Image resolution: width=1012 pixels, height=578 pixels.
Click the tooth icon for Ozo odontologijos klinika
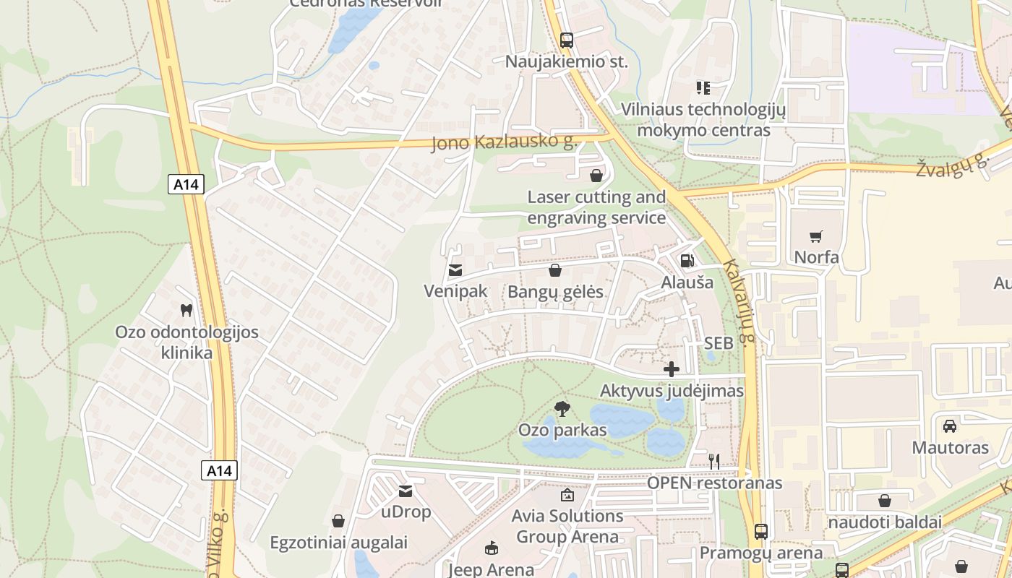(x=186, y=310)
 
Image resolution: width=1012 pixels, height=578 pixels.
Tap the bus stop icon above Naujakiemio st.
(x=567, y=40)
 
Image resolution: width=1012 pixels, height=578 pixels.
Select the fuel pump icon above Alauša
(x=687, y=261)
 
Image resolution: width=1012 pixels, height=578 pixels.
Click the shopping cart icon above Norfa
(x=817, y=236)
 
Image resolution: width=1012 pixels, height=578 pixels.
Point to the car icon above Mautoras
(x=950, y=426)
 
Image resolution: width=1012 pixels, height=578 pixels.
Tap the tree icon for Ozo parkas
(x=562, y=409)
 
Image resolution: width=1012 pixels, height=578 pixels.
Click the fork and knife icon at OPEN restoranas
(x=714, y=461)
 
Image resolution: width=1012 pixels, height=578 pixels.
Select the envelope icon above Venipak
(x=455, y=270)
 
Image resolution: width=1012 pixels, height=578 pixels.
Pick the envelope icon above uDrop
(x=406, y=491)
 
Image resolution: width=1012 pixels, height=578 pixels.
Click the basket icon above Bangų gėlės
(x=555, y=271)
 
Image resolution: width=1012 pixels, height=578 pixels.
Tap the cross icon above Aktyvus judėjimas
(x=672, y=370)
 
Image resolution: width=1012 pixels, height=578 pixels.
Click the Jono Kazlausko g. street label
(x=504, y=142)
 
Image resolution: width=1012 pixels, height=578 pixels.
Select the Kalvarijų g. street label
(x=742, y=303)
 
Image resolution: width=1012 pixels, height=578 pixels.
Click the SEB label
(x=719, y=343)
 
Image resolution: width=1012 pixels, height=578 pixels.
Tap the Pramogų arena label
(x=760, y=553)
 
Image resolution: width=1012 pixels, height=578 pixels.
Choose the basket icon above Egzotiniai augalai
(x=338, y=521)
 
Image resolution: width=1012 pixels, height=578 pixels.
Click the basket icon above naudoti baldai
(x=884, y=501)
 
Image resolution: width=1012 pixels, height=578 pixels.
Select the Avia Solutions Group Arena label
(x=567, y=526)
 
